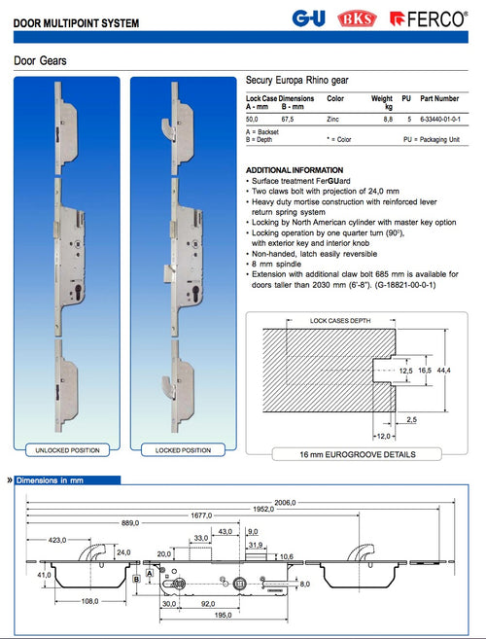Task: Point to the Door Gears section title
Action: coord(40,60)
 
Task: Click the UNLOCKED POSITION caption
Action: coord(67,450)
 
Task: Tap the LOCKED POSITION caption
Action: coord(182,450)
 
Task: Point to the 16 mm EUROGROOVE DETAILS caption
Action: coord(359,454)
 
